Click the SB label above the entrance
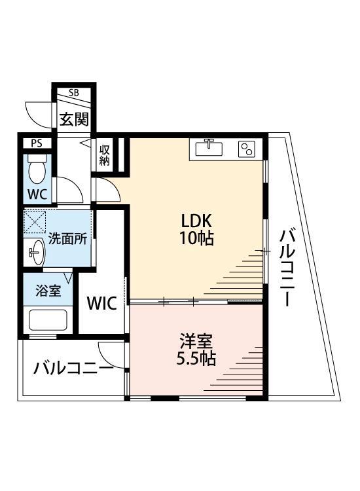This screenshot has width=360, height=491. [73, 93]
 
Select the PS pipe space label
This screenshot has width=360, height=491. [36, 143]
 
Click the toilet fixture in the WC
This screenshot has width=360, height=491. [37, 170]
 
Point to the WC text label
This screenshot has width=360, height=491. [37, 194]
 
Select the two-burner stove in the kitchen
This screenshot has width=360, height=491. [247, 149]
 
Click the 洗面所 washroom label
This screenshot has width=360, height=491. [67, 238]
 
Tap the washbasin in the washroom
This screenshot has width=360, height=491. [37, 251]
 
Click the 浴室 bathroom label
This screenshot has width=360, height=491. [50, 290]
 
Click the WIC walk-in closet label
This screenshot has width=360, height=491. [102, 304]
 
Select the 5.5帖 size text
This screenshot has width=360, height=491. [197, 359]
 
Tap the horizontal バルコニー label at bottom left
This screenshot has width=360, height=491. [73, 367]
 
